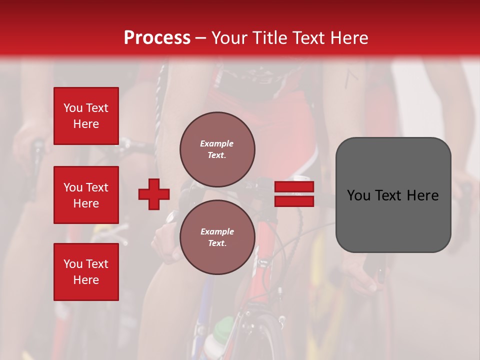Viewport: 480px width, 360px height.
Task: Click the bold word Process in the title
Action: click(x=157, y=38)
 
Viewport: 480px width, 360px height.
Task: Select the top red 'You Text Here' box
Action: click(x=86, y=116)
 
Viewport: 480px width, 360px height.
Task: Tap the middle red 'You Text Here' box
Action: click(x=86, y=195)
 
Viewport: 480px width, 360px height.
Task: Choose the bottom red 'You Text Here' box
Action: click(x=86, y=272)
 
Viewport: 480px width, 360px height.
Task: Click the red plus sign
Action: click(x=154, y=194)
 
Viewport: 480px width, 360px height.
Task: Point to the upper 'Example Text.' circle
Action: click(x=217, y=149)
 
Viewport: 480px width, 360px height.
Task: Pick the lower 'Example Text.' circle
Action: click(x=217, y=237)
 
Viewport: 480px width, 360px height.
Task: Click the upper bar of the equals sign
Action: click(x=294, y=187)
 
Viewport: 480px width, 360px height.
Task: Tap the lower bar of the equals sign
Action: click(x=294, y=201)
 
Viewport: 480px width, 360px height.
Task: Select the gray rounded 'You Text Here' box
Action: click(x=393, y=195)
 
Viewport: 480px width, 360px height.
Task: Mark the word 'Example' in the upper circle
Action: click(x=217, y=143)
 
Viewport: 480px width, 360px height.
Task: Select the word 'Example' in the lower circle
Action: click(x=217, y=231)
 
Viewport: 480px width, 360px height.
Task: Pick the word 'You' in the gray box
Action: click(x=359, y=195)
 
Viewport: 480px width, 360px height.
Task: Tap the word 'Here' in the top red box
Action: click(x=86, y=124)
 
